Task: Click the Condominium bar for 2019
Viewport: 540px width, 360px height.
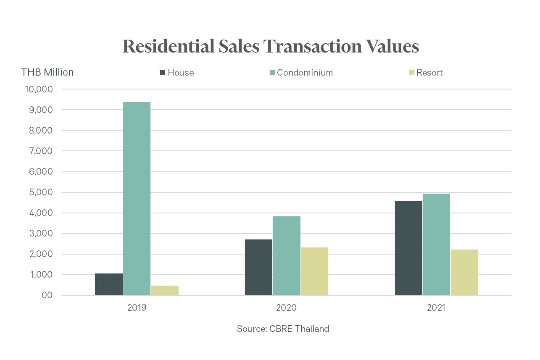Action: (x=137, y=198)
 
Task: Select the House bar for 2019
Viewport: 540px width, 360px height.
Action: (x=109, y=284)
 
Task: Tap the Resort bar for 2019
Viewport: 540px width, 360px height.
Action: (x=165, y=290)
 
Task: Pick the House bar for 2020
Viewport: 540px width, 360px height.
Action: (x=258, y=267)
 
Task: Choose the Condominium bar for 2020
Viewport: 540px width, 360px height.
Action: (x=287, y=255)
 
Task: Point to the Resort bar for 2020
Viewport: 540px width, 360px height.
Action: (x=314, y=271)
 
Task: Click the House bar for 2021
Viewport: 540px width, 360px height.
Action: (x=408, y=248)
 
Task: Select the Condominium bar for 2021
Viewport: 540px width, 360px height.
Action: (x=436, y=244)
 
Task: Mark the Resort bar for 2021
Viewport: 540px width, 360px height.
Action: (x=464, y=272)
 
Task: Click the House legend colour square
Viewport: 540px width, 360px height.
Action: (x=163, y=73)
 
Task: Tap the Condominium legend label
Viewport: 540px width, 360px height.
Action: (x=305, y=73)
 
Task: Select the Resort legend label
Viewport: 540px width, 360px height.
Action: (x=429, y=73)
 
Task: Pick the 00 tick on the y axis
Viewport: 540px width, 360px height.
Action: (x=47, y=295)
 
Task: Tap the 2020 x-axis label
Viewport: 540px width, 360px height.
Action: (x=286, y=308)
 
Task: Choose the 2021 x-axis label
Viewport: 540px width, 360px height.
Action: (x=436, y=308)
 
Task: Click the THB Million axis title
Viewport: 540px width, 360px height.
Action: (x=47, y=72)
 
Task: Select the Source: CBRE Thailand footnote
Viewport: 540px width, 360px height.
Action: (x=283, y=329)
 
